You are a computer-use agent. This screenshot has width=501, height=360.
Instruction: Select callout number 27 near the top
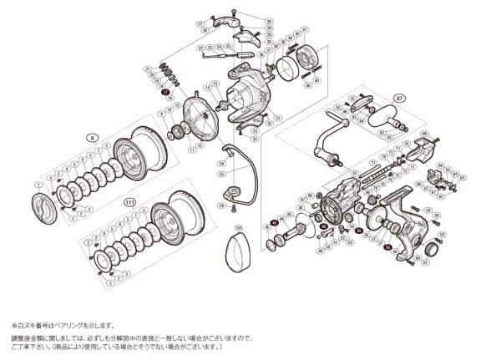coord(200,24)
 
